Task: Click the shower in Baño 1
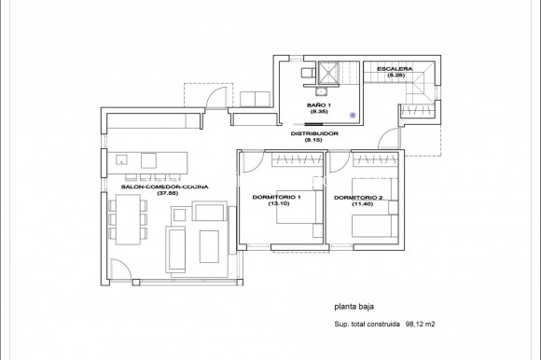pos(328,73)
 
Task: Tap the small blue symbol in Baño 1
pos(352,116)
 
